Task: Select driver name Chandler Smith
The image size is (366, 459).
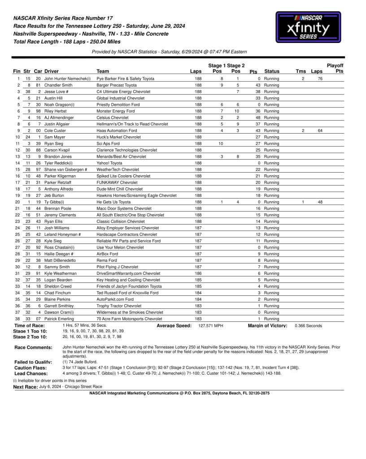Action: [x=58, y=85]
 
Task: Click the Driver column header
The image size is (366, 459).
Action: [x=51, y=71]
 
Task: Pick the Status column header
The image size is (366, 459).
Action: [x=272, y=71]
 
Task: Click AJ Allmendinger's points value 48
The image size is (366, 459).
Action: [x=258, y=117]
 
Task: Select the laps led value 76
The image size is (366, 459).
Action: [x=320, y=78]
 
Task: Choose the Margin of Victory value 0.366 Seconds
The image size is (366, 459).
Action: [x=308, y=326]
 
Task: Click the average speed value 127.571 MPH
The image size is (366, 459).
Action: [x=210, y=326]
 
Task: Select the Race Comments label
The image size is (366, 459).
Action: [x=33, y=347]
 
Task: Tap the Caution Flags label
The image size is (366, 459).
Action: [x=31, y=368]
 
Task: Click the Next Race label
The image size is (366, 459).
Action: [x=26, y=386]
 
